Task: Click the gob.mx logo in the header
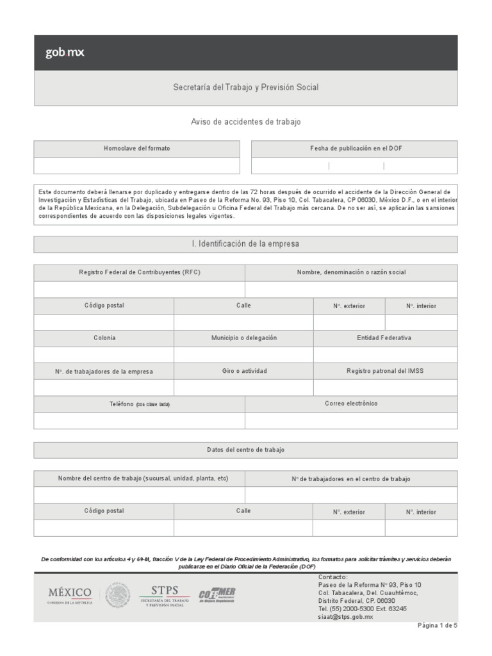pyautogui.click(x=64, y=53)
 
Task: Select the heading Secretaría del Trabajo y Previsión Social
pyautogui.click(x=245, y=87)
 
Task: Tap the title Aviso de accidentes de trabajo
pyautogui.click(x=245, y=121)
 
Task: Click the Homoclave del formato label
pyautogui.click(x=137, y=148)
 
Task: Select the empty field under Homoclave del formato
pyautogui.click(x=137, y=165)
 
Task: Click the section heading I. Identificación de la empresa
pyautogui.click(x=245, y=244)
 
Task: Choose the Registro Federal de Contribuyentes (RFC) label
pyautogui.click(x=139, y=272)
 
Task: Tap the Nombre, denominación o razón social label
pyautogui.click(x=351, y=272)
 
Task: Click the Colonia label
pyautogui.click(x=104, y=338)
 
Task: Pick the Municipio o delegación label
pyautogui.click(x=244, y=338)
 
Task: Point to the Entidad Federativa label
pyautogui.click(x=384, y=338)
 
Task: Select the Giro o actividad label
pyautogui.click(x=244, y=371)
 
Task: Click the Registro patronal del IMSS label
pyautogui.click(x=384, y=371)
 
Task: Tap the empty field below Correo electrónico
pyautogui.click(x=351, y=420)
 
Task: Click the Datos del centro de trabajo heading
pyautogui.click(x=245, y=450)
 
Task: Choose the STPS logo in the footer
pyautogui.click(x=165, y=594)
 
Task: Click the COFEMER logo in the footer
pyautogui.click(x=218, y=595)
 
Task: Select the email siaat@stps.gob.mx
pyautogui.click(x=345, y=616)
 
